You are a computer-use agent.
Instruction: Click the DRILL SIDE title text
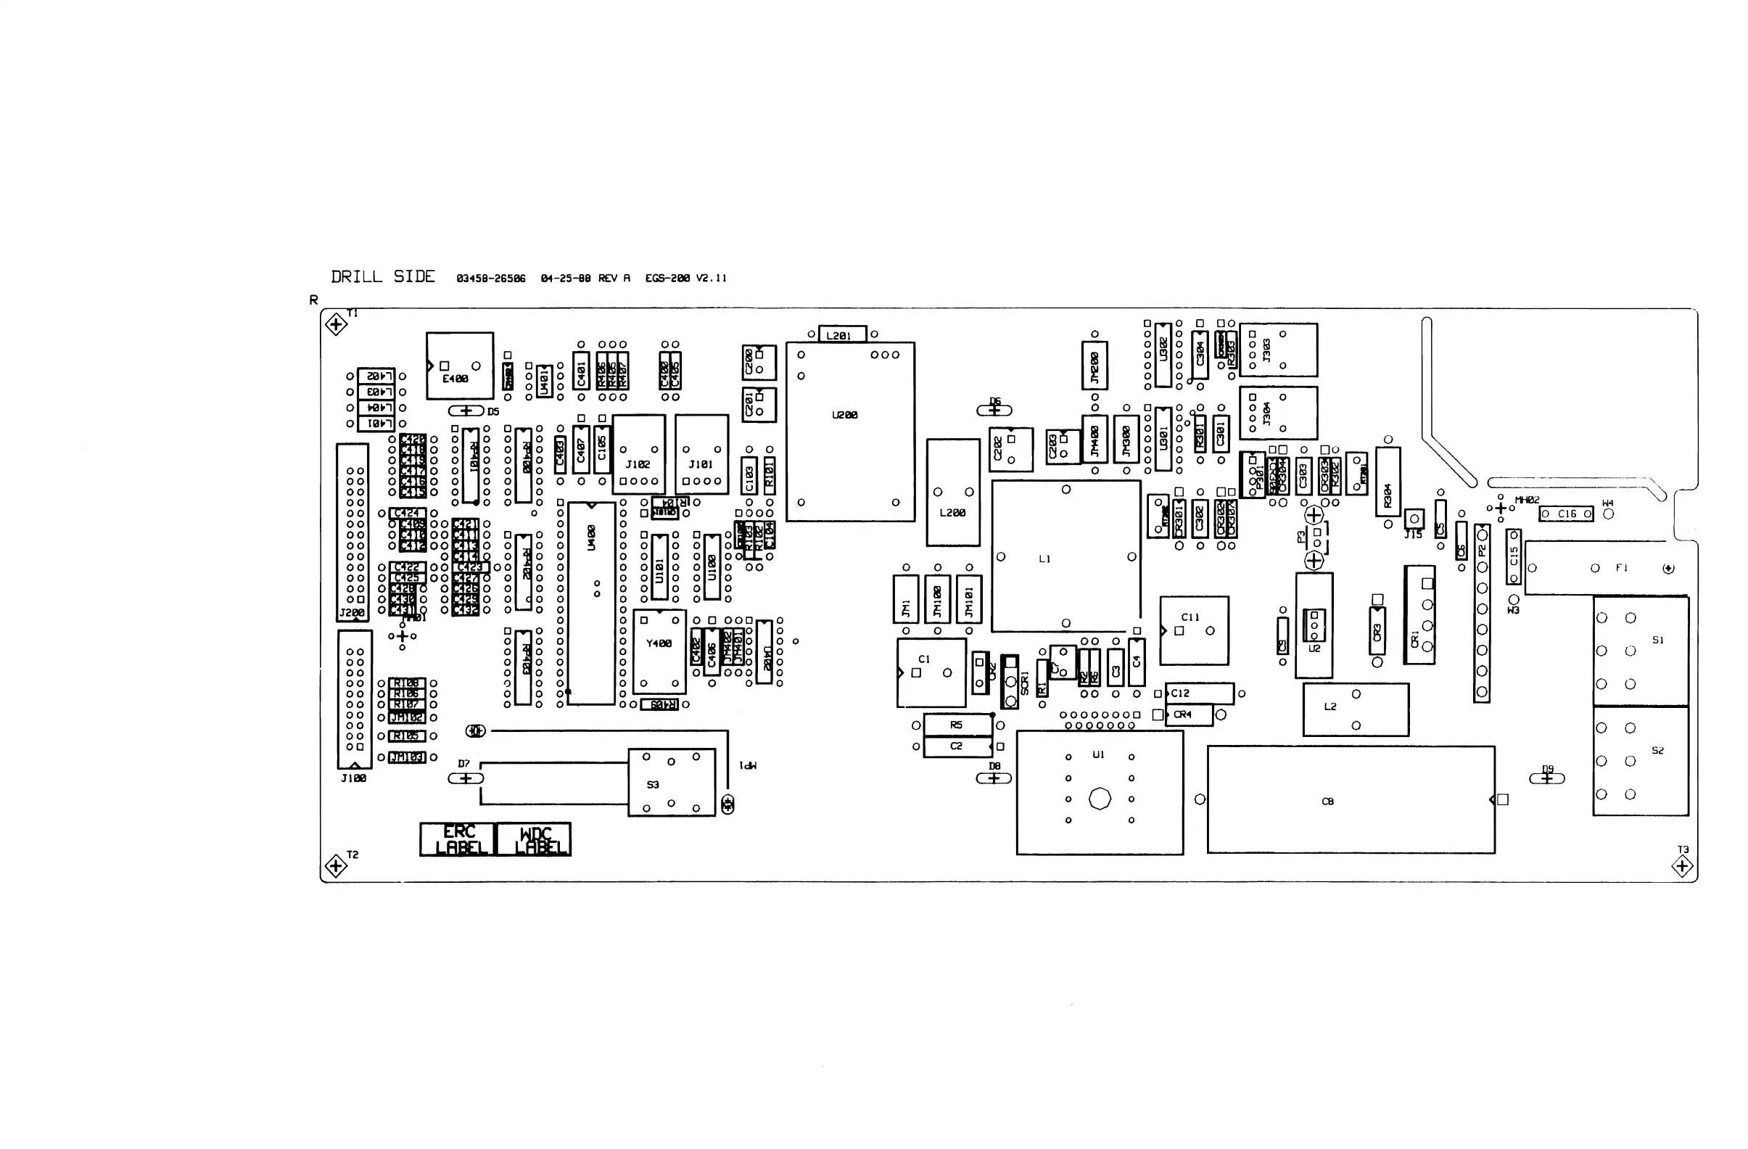383,277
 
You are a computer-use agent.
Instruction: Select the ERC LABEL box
458,839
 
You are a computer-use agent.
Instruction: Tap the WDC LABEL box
535,839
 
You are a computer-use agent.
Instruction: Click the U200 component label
844,415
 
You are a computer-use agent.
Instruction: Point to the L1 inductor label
1044,559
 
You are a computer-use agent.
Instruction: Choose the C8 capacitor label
1327,802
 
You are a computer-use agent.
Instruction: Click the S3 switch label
653,785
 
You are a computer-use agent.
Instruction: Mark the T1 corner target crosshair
337,324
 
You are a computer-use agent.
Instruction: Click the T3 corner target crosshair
1683,866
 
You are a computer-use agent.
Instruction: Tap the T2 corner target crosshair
336,865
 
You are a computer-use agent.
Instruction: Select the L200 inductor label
952,513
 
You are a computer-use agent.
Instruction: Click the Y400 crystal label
659,643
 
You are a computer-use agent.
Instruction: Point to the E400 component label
455,379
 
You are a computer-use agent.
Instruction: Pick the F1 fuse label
1622,568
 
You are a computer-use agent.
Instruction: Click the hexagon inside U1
1100,799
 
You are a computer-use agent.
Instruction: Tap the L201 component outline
841,335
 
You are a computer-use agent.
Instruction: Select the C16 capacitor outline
1567,514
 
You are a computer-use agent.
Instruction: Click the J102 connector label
638,464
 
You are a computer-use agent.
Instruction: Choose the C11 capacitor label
1190,617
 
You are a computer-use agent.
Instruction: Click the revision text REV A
614,279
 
